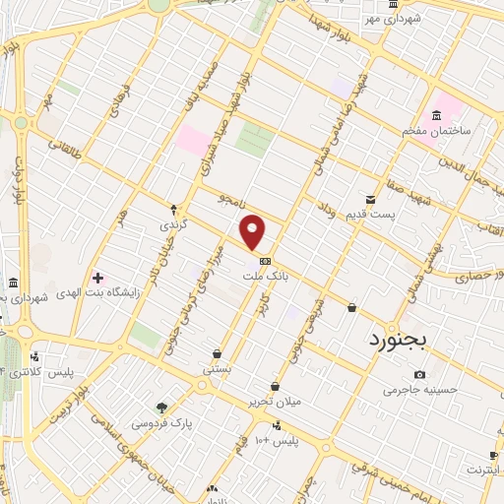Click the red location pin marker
254,231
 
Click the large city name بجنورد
400,342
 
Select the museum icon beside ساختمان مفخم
437,114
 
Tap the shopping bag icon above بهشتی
217,353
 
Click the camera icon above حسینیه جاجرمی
420,374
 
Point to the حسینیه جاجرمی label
420,390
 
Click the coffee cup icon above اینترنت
493,456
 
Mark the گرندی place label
173,225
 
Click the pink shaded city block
192,141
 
